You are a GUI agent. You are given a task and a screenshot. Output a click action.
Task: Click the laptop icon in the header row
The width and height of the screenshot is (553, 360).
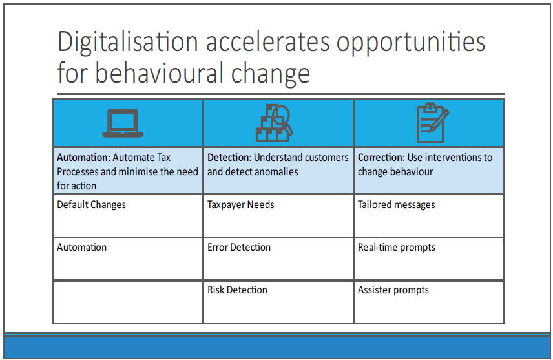122,123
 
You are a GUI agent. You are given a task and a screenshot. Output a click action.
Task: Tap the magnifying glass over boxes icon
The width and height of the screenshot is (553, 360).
274,123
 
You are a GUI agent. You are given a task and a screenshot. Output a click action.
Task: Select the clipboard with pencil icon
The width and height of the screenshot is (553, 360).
432,123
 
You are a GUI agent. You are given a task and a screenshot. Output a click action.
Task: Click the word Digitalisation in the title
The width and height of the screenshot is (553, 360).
128,43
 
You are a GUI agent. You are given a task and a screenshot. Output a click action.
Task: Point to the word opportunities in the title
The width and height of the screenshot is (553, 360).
411,43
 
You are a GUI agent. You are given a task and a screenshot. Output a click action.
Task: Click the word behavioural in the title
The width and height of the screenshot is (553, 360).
160,73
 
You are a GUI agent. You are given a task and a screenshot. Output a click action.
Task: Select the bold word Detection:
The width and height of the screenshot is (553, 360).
229,158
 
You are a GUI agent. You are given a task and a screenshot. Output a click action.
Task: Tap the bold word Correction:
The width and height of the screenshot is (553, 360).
381,158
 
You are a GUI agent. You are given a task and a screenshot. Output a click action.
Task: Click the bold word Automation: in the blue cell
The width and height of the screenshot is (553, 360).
84,158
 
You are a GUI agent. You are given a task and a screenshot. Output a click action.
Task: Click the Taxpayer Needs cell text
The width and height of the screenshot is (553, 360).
240,205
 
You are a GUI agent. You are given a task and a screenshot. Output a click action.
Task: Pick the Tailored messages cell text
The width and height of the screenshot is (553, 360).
397,205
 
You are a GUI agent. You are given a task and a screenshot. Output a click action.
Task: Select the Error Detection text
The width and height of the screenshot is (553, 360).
239,247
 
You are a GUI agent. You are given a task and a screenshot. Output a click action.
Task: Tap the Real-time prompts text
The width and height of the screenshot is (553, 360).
397,248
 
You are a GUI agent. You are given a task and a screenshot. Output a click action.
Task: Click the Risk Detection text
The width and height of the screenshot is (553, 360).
237,290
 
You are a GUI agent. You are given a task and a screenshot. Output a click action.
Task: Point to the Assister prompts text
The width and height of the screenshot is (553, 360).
393,290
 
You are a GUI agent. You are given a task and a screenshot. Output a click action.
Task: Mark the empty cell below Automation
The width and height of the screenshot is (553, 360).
128,302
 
